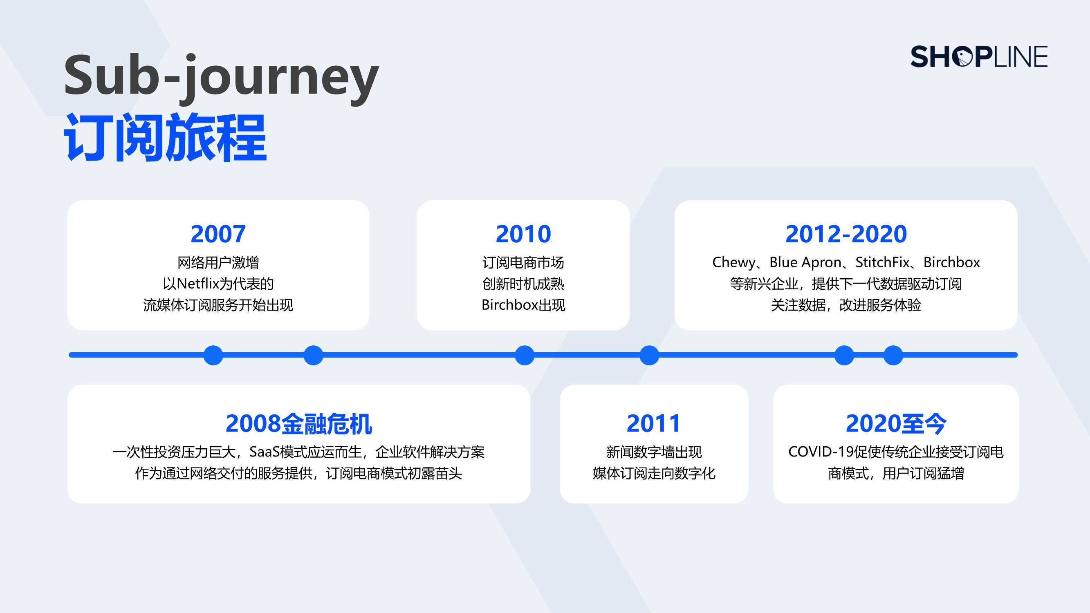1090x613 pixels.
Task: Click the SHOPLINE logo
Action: [x=979, y=57]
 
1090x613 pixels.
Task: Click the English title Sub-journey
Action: [x=221, y=79]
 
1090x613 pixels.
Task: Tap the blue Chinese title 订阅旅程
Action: [x=165, y=137]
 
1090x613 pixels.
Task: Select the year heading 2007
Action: [x=218, y=234]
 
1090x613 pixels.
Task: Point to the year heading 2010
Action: [x=523, y=234]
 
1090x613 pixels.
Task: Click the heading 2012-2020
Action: [x=846, y=234]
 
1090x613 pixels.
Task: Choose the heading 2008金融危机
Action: [x=299, y=423]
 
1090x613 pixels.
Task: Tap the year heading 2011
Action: [x=653, y=423]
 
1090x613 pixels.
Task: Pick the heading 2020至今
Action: [x=896, y=423]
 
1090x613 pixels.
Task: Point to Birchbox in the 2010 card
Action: [x=509, y=304]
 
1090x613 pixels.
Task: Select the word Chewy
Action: [x=734, y=263]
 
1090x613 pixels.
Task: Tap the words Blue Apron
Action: [x=805, y=263]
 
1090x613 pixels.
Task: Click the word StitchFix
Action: [x=882, y=262]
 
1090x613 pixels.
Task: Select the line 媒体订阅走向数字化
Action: [x=654, y=473]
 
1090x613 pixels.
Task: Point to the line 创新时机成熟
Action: [x=523, y=284]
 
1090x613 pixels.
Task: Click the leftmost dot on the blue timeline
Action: [x=213, y=355]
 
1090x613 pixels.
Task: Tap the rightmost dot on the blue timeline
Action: [x=893, y=355]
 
